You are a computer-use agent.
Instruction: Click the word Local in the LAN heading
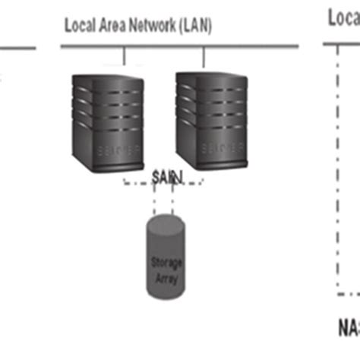coord(80,26)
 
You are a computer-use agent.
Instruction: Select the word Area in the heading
coord(112,26)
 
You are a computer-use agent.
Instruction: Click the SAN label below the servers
coord(167,177)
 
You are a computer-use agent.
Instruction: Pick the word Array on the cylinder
coord(164,279)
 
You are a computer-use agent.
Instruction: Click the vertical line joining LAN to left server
coord(124,57)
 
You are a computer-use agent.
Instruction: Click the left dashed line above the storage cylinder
coord(153,201)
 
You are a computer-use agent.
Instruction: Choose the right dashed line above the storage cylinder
coord(174,201)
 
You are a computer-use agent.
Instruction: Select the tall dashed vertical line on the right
coord(336,167)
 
